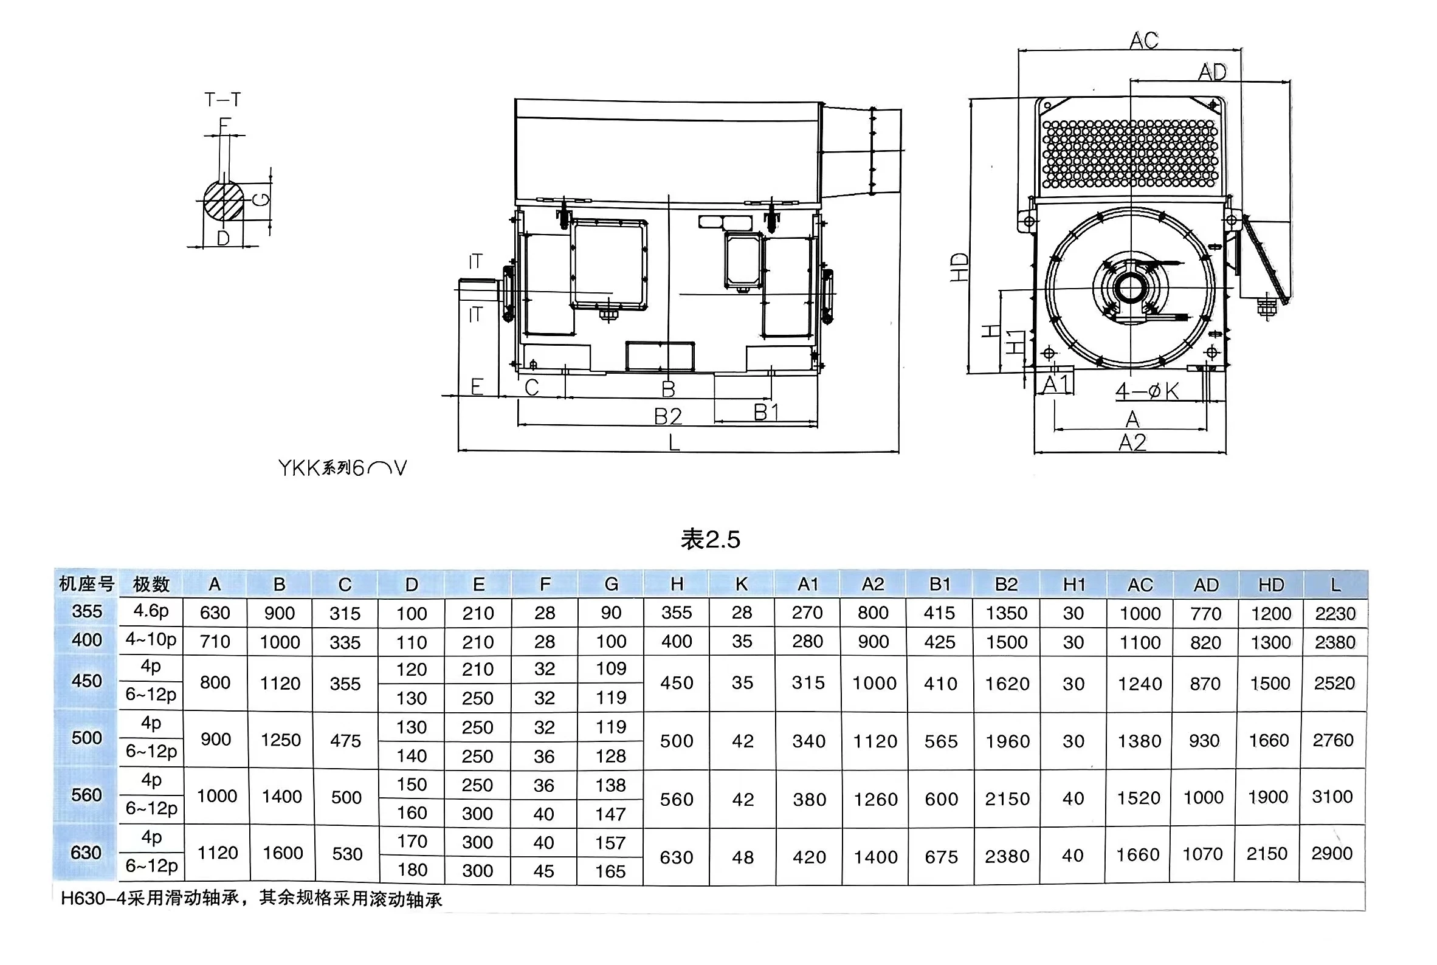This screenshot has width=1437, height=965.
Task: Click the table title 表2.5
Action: [x=710, y=540]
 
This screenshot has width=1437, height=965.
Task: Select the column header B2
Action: [x=1006, y=584]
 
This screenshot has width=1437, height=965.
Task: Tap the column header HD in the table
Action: [x=1271, y=585]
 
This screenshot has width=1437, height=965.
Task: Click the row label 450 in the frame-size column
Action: [x=87, y=681]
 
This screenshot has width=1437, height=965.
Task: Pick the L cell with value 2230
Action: [x=1335, y=614]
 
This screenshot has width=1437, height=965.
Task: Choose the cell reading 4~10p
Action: [x=151, y=640]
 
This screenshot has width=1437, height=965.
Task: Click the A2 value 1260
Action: [x=875, y=800]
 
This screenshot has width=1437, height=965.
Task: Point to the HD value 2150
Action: [x=1266, y=854]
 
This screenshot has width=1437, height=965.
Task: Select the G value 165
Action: [x=610, y=871]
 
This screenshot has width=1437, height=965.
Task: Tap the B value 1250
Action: [x=281, y=740]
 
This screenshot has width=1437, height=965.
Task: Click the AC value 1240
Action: [x=1140, y=684]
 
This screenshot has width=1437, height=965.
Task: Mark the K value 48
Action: [x=743, y=857]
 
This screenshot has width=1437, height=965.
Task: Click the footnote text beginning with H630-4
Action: [x=251, y=899]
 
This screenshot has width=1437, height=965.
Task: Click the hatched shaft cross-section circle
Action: [x=224, y=201]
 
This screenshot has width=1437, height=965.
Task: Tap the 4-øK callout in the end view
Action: [x=1146, y=391]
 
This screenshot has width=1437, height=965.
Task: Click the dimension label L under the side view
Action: [x=675, y=442]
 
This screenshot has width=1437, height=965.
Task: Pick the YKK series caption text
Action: [x=342, y=469]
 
